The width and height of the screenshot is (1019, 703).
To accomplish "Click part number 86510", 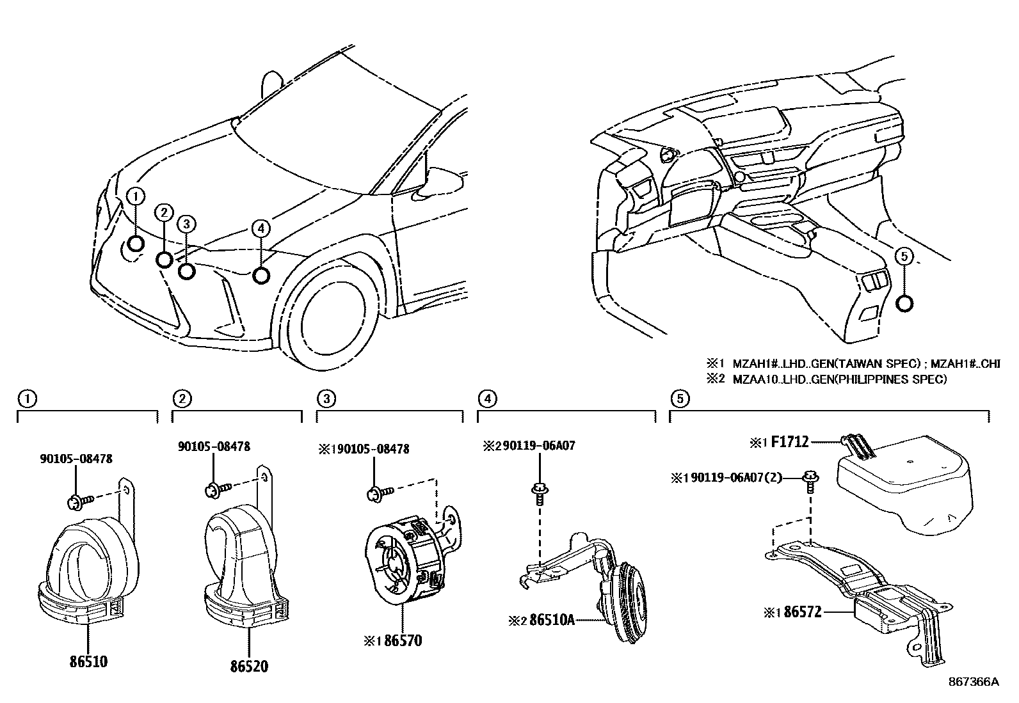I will (x=88, y=662).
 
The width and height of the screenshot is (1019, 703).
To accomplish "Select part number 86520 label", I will (x=249, y=666).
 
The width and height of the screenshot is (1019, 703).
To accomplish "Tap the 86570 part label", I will (x=403, y=640).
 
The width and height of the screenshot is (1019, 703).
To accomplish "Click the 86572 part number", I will (x=802, y=612).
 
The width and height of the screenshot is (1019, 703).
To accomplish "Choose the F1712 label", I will (x=790, y=441).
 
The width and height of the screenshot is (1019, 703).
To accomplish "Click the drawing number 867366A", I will (x=974, y=682).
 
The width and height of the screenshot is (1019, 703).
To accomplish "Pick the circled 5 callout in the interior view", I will (x=904, y=257).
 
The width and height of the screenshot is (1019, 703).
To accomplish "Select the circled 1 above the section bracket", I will (x=26, y=399).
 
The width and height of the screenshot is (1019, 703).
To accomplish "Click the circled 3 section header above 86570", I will (x=326, y=399).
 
